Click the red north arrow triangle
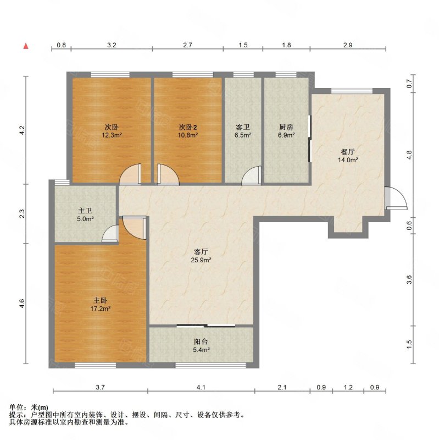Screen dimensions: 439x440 (26, 46)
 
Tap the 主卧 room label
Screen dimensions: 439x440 (100, 300)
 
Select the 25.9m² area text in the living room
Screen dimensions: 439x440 (201, 260)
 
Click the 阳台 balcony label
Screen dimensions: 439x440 (201, 342)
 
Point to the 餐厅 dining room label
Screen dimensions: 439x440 (348, 152)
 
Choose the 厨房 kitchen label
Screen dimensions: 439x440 (286, 127)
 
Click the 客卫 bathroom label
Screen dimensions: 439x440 (243, 127)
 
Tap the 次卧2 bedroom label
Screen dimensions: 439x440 (188, 127)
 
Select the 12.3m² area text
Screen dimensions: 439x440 (112, 135)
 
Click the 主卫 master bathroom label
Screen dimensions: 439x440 (85, 211)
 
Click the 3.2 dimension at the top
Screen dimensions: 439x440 (112, 45)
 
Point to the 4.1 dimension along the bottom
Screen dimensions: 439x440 (201, 387)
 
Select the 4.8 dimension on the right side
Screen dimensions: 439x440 (409, 155)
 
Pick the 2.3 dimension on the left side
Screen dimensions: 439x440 (22, 213)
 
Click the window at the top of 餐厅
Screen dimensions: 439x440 (352, 91)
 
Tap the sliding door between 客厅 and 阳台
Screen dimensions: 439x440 (206, 326)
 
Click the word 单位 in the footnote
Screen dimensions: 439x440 (16, 407)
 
